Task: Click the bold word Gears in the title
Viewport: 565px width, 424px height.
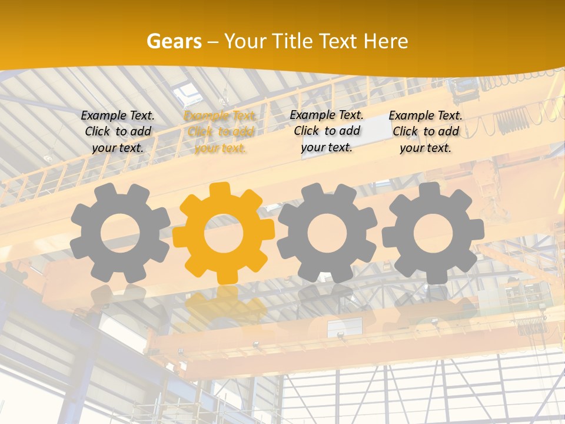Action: point(174,41)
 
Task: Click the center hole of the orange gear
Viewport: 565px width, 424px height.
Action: point(223,233)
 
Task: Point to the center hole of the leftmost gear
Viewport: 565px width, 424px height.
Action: point(119,233)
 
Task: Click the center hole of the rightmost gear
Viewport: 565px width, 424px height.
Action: point(433,232)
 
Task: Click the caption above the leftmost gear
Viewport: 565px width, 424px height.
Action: point(118,131)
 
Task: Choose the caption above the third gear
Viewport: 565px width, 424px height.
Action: point(327,131)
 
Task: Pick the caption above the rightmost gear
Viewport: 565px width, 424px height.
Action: point(426,131)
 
